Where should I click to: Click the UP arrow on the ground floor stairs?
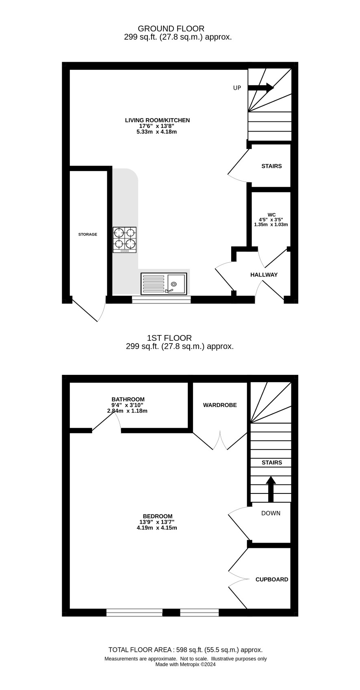pyautogui.click(x=261, y=88)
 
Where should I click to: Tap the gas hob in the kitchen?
pyautogui.click(x=124, y=240)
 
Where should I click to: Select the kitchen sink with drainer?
pyautogui.click(x=164, y=283)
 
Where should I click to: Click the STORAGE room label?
pyautogui.click(x=87, y=234)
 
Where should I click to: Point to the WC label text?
pyautogui.click(x=271, y=215)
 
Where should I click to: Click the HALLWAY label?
pyautogui.click(x=264, y=275)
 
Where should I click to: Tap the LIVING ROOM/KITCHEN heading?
pyautogui.click(x=157, y=120)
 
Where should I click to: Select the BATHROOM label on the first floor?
pyautogui.click(x=128, y=399)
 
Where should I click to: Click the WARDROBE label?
pyautogui.click(x=220, y=405)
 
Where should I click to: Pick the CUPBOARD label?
pyautogui.click(x=272, y=580)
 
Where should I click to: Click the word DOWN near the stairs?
pyautogui.click(x=271, y=513)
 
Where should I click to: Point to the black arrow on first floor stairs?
pyautogui.click(x=271, y=489)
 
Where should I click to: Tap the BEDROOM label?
pyautogui.click(x=158, y=516)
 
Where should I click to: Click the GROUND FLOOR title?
pyautogui.click(x=171, y=29)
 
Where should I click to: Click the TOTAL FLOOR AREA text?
pyautogui.click(x=140, y=650)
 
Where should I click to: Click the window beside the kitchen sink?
pyautogui.click(x=161, y=300)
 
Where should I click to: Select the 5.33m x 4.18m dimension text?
pyautogui.click(x=156, y=132)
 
